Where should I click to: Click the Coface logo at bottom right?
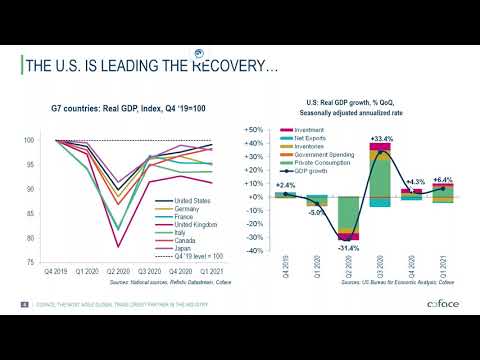pyautogui.click(x=443, y=303)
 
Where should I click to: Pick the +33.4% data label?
pyautogui.click(x=380, y=138)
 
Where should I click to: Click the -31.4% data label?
pyautogui.click(x=348, y=247)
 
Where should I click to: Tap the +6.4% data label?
pyautogui.click(x=443, y=179)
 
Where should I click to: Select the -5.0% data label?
pyautogui.click(x=316, y=213)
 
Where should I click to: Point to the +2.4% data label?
pyautogui.click(x=285, y=185)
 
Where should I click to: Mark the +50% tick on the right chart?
pyautogui.click(x=253, y=130)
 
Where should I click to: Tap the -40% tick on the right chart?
pyautogui.click(x=254, y=251)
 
